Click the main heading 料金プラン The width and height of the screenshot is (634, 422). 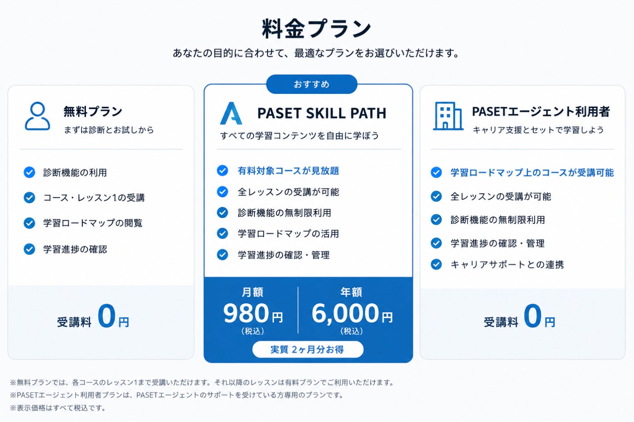pos(317,28)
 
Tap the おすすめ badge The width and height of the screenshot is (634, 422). pos(312,84)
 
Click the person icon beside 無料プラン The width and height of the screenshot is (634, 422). pos(37,116)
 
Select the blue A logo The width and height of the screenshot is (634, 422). pos(231,113)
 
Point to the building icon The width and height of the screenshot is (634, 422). pos(448,116)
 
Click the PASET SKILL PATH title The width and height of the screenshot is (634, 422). pos(322,113)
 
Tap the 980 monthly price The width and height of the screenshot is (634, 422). pos(246,313)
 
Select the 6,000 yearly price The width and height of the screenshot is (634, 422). pos(345,313)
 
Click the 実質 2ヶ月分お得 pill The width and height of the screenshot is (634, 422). pos(308,349)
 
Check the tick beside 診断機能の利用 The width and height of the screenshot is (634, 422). pos(29,172)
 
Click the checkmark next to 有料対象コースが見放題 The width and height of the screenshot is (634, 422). pos(223,171)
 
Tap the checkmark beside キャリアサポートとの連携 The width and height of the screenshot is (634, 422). pos(436,265)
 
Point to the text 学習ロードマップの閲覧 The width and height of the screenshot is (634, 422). pos(93,223)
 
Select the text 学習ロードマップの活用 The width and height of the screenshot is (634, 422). pos(289,234)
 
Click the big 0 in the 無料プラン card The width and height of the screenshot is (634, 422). pos(107,316)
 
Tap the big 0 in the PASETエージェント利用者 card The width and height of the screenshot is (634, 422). pos(533,316)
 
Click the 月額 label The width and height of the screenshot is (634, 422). pos(252,292)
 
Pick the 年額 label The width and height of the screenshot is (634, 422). pos(351,292)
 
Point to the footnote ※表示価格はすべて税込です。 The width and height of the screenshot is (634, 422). pos(58,408)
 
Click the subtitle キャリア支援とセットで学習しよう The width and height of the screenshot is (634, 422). pos(538,130)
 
